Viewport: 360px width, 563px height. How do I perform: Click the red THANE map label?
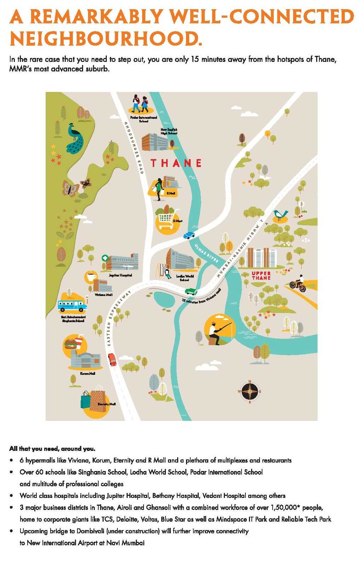pyautogui.click(x=176, y=163)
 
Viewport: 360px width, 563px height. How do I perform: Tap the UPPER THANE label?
pyautogui.click(x=261, y=275)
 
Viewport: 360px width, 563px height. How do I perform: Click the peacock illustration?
pyautogui.click(x=75, y=139)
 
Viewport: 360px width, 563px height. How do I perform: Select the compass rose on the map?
pyautogui.click(x=250, y=391)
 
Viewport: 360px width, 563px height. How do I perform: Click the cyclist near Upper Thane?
pyautogui.click(x=298, y=284)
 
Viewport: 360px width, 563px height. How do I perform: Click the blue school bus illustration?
pyautogui.click(x=72, y=305)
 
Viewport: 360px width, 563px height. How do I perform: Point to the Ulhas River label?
pyautogui.click(x=207, y=253)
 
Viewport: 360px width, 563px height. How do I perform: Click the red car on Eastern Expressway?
pyautogui.click(x=112, y=360)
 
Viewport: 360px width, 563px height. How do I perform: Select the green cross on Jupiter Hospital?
pyautogui.click(x=105, y=258)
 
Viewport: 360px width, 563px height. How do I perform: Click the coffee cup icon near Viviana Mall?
pyautogui.click(x=91, y=276)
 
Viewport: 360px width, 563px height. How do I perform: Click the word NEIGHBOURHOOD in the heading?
pyautogui.click(x=106, y=39)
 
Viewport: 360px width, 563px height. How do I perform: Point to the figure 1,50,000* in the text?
pyautogui.click(x=285, y=507)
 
